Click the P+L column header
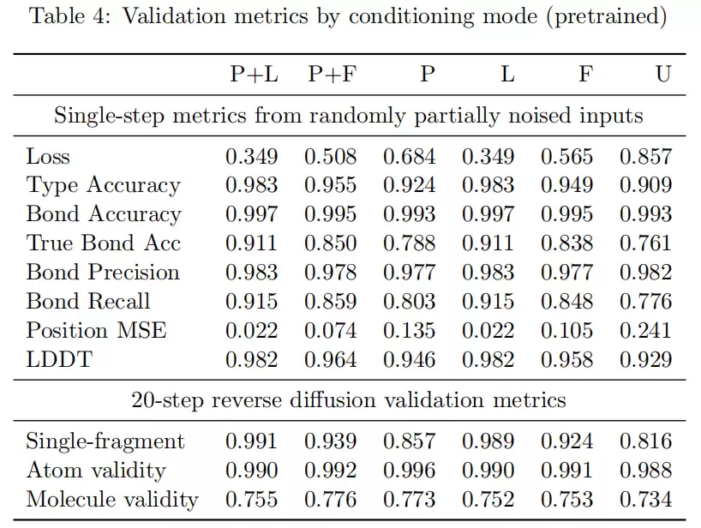254,74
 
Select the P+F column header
333,74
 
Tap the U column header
663,74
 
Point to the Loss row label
48,157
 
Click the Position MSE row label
96,330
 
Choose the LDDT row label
59,359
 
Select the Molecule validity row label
111,500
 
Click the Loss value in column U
645,157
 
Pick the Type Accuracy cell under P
409,185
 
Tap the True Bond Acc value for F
566,243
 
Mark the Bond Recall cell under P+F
331,302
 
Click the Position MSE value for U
645,330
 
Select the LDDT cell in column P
409,359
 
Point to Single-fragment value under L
488,441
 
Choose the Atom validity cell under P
409,471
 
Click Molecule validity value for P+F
331,500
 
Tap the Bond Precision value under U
645,273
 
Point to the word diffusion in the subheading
333,399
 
